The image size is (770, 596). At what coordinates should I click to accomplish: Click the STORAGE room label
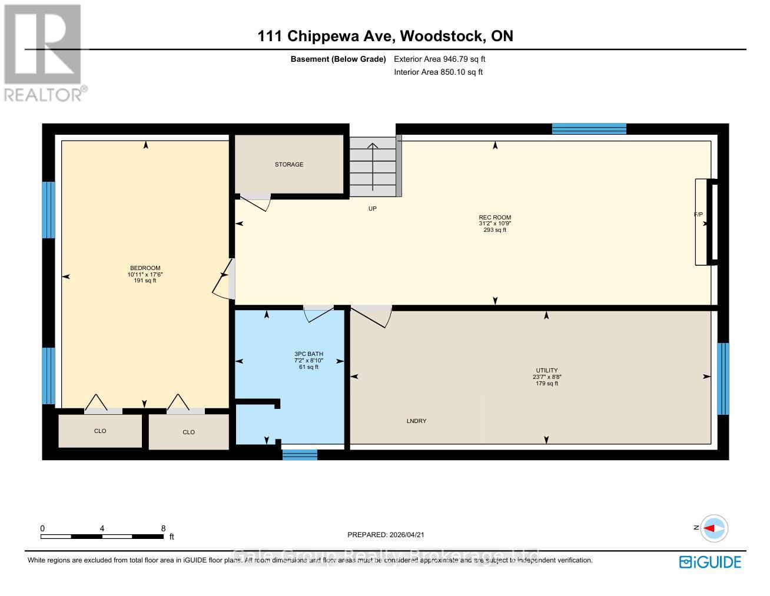pyautogui.click(x=289, y=165)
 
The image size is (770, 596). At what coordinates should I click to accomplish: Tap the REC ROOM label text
pyautogui.click(x=494, y=218)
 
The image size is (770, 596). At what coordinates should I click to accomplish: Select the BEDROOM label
pyautogui.click(x=145, y=268)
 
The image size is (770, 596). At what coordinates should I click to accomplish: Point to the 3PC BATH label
pyautogui.click(x=308, y=354)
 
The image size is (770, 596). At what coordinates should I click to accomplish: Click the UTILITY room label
pyautogui.click(x=546, y=371)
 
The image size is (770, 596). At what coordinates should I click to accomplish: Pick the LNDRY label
pyautogui.click(x=416, y=421)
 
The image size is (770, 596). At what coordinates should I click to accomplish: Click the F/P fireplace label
pyautogui.click(x=698, y=215)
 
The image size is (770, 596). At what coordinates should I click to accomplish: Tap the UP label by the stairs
pyautogui.click(x=372, y=209)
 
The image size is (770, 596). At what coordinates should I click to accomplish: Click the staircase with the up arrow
pyautogui.click(x=373, y=167)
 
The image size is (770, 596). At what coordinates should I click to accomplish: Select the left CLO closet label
pyautogui.click(x=100, y=431)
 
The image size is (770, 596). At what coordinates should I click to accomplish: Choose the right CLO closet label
pyautogui.click(x=188, y=432)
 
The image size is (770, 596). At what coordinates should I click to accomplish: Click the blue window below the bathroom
pyautogui.click(x=300, y=454)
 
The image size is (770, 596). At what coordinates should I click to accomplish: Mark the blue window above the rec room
pyautogui.click(x=589, y=129)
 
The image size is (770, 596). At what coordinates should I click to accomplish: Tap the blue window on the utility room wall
pyautogui.click(x=723, y=378)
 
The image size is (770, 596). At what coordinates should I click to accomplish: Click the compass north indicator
pyautogui.click(x=713, y=528)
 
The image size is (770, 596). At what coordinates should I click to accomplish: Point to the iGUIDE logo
pyautogui.click(x=710, y=562)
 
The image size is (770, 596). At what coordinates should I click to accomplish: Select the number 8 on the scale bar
pyautogui.click(x=164, y=528)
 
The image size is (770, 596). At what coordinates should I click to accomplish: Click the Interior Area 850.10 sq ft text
pyautogui.click(x=438, y=72)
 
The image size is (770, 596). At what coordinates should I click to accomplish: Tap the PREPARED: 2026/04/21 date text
pyautogui.click(x=386, y=535)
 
